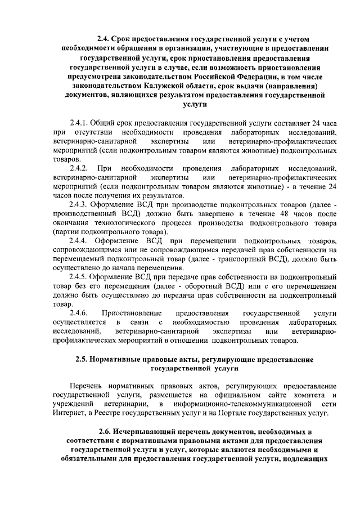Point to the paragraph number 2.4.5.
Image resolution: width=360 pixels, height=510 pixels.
pos(79,277)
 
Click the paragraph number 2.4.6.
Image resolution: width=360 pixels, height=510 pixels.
pos(79,313)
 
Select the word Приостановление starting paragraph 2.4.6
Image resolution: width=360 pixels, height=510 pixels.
pos(132,313)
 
